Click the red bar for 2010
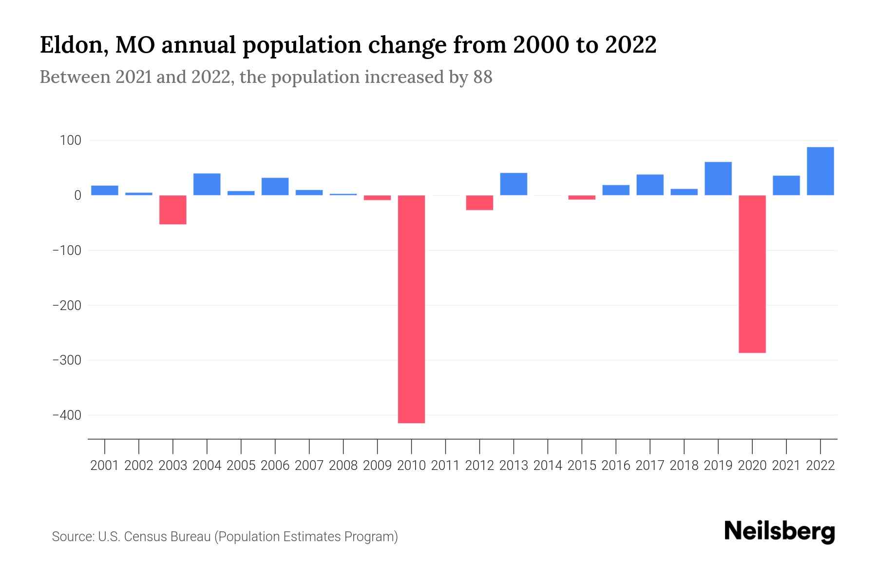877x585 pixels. (411, 309)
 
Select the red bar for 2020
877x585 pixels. (752, 273)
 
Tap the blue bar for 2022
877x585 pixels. (820, 171)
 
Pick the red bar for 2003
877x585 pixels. (173, 210)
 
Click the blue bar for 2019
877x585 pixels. (718, 178)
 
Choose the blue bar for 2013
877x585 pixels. (514, 184)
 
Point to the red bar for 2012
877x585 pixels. (479, 203)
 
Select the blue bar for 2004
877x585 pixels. (207, 184)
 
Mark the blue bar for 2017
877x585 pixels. (649, 185)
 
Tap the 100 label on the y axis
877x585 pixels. (70, 141)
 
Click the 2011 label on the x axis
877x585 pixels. (445, 466)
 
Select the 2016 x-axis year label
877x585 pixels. (615, 466)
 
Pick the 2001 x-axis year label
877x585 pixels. (105, 466)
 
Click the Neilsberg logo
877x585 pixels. (780, 531)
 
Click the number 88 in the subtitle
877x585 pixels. (482, 78)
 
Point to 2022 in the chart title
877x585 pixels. (630, 45)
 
